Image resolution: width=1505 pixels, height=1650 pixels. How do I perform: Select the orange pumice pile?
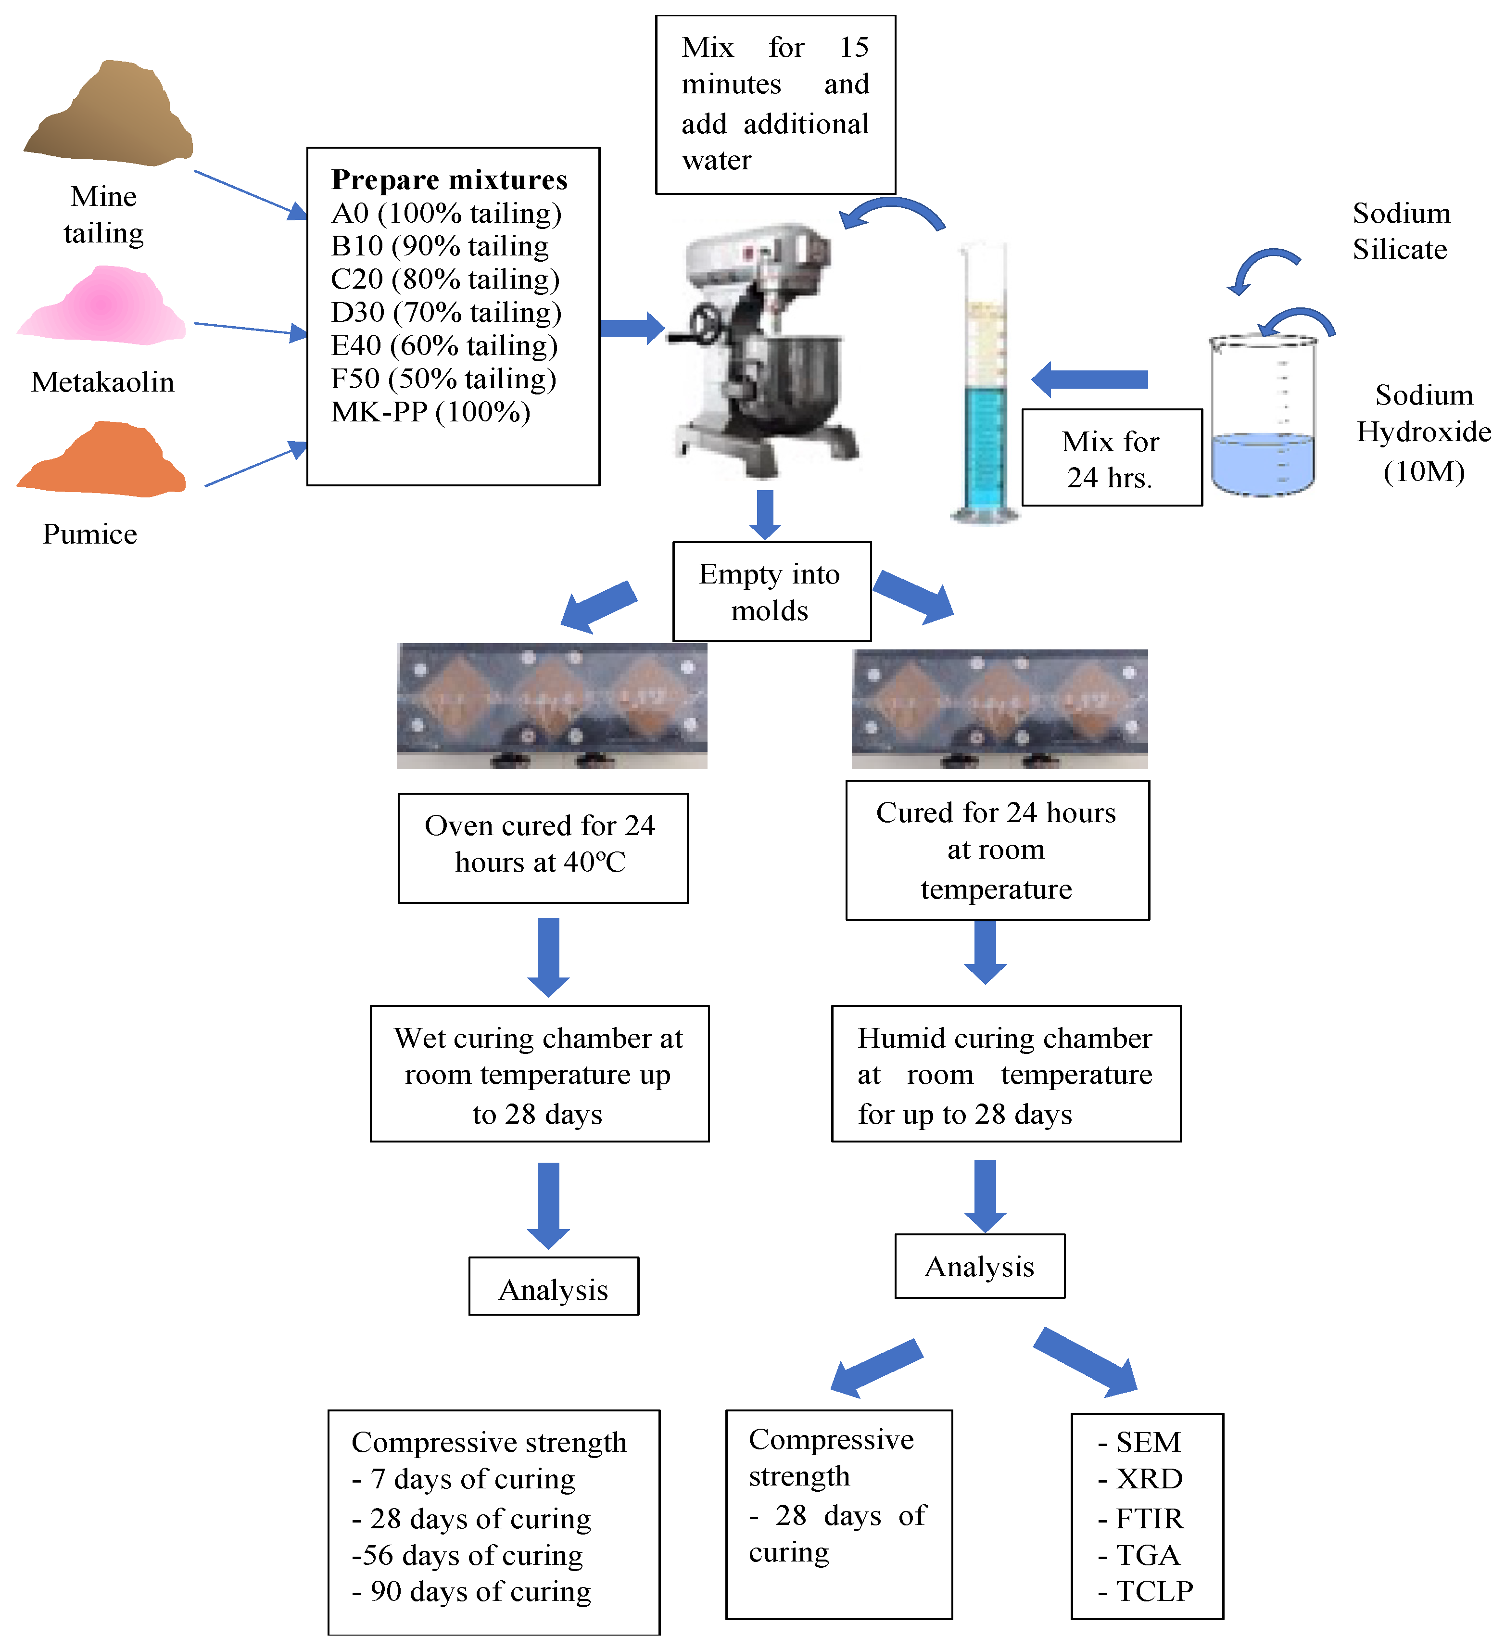pyautogui.click(x=102, y=462)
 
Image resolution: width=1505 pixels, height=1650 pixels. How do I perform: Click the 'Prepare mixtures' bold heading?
pyautogui.click(x=449, y=179)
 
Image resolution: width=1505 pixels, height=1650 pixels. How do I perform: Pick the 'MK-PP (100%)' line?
pyautogui.click(x=430, y=412)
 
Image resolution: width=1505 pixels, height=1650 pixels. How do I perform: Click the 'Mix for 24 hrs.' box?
pyautogui.click(x=1112, y=458)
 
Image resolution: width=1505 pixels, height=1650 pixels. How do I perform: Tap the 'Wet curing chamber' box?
pyautogui.click(x=539, y=1074)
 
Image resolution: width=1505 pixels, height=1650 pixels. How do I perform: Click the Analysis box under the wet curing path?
pyautogui.click(x=553, y=1289)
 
